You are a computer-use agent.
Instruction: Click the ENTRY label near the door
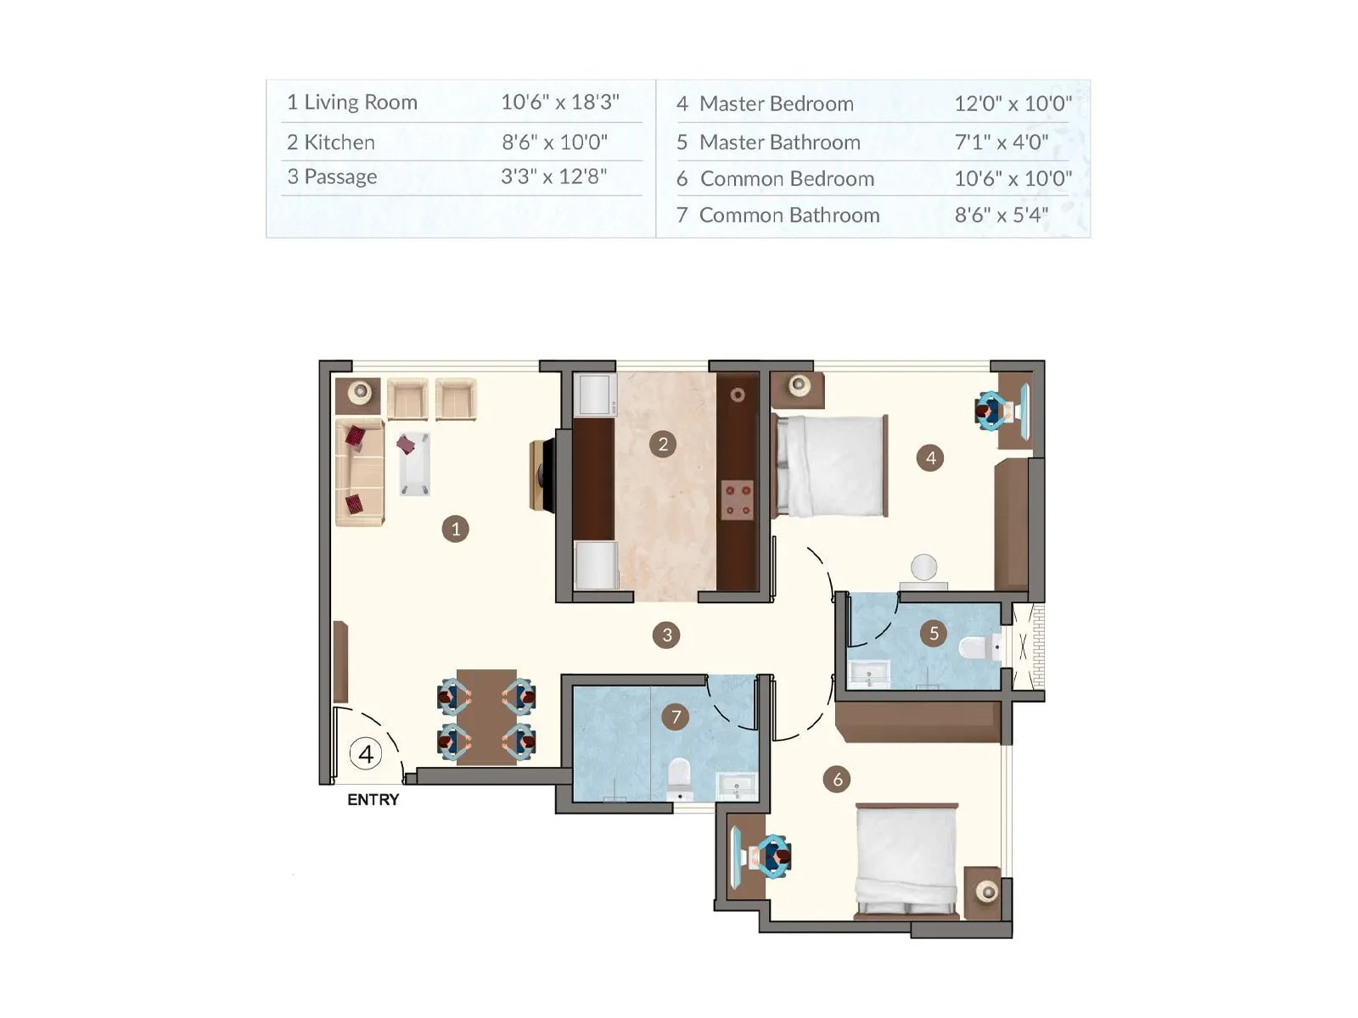[x=373, y=799]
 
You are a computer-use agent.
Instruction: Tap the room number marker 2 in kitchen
[x=663, y=444]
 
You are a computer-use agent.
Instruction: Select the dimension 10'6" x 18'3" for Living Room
[x=559, y=102]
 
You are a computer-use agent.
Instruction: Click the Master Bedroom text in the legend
[x=776, y=103]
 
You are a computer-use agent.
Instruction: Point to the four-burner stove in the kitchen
[x=738, y=499]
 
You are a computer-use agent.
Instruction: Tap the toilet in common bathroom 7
[x=680, y=776]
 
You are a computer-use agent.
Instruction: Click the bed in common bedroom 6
[x=906, y=860]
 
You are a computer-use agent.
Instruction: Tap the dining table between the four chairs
[x=486, y=718]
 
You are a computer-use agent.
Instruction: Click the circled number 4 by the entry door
[x=366, y=754]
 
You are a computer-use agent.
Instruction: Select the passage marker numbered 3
[x=666, y=635]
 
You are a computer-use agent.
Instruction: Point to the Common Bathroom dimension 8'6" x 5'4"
[x=1001, y=215]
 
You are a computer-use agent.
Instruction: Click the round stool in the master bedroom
[x=923, y=567]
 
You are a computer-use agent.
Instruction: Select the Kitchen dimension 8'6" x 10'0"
[x=554, y=142]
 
